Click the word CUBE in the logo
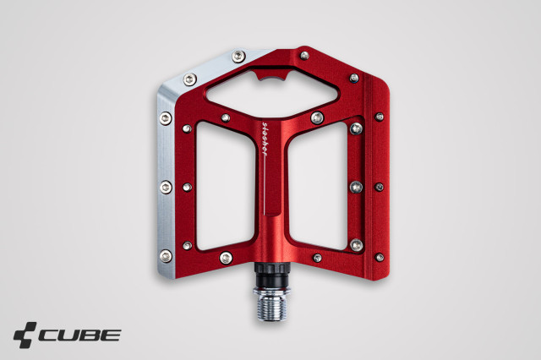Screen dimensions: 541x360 pos(79,335)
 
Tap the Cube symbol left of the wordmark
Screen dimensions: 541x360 pos(25,335)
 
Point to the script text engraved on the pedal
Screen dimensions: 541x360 pos(265,139)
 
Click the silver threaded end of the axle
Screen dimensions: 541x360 pos(271,306)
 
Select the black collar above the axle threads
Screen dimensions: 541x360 pos(271,275)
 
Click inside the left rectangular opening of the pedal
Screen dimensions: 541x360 pos(226,186)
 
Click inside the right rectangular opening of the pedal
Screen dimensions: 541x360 pos(318,186)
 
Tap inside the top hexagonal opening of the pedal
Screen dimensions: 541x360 pos(272,93)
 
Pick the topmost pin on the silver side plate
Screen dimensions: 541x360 pos(238,57)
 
